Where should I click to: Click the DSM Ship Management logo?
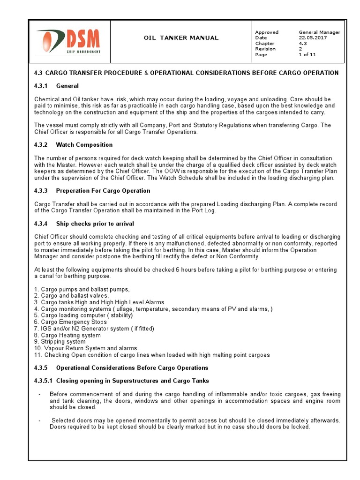pos(69,41)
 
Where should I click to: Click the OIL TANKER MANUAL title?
pos(180,38)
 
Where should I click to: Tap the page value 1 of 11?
pos(307,55)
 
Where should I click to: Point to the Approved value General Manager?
pos(319,32)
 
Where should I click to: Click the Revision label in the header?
pos(265,49)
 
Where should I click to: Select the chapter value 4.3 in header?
pos(303,44)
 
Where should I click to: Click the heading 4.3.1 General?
pos(56,86)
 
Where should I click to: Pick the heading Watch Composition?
pos(84,145)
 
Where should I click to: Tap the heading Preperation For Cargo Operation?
pos(103,191)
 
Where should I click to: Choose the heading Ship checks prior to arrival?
pos(95,224)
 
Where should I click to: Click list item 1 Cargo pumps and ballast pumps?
pos(82,290)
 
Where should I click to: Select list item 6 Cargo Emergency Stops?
pos(70,322)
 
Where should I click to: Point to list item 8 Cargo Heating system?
pos(67,336)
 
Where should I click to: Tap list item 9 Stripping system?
pos(60,342)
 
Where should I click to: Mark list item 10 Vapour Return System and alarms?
pos(85,349)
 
